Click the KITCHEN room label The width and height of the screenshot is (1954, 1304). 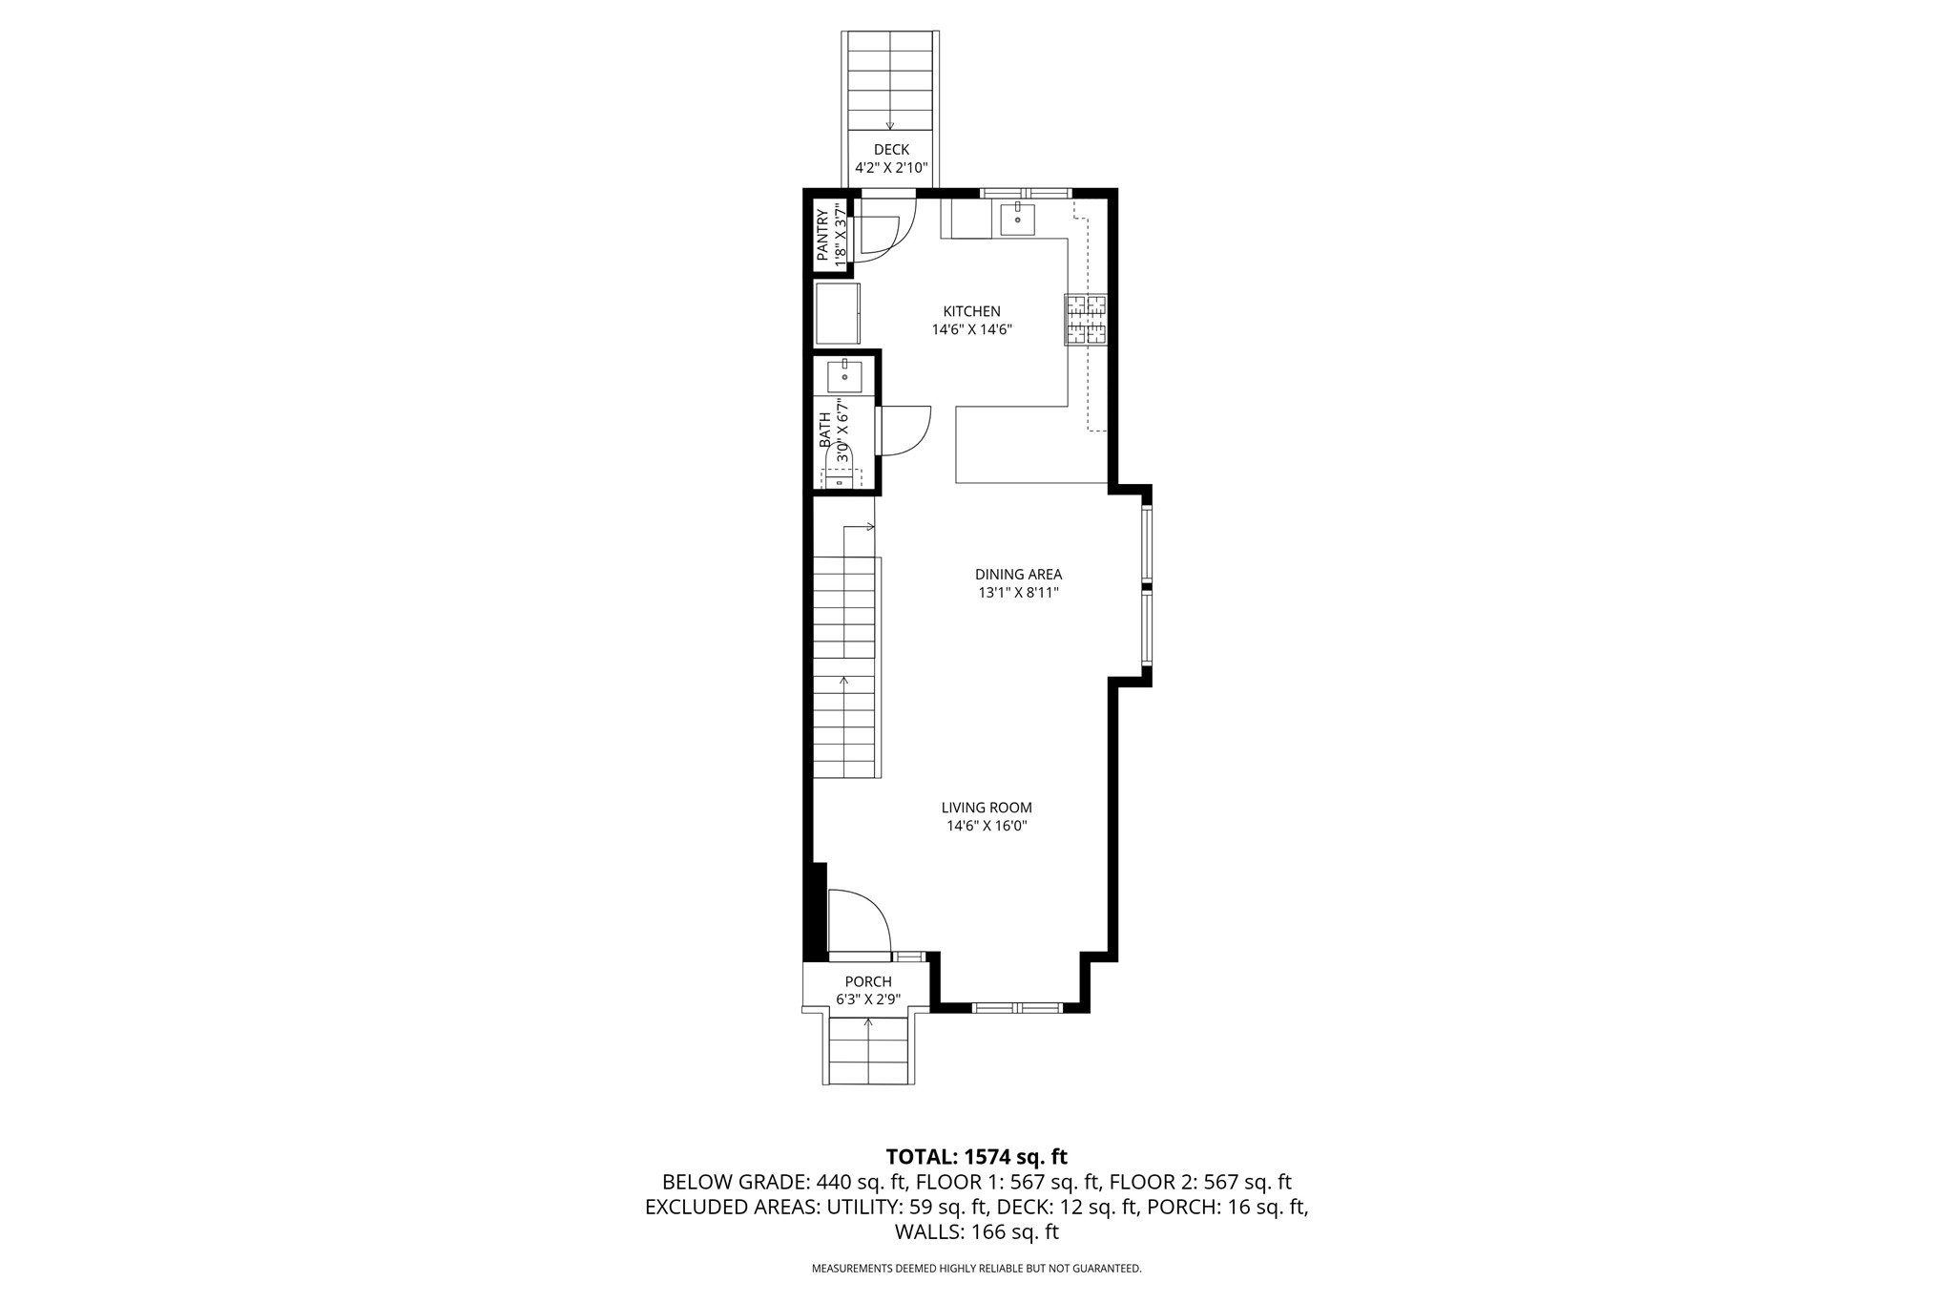coord(971,311)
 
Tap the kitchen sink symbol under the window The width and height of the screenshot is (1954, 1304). coord(1018,220)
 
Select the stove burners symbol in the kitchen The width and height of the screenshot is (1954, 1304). coord(1087,320)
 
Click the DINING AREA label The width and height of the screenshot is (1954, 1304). coord(1018,575)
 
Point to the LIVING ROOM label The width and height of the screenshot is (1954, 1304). coord(987,808)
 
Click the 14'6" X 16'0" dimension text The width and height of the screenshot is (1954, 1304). coord(987,827)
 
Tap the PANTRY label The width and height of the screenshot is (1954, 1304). coord(822,235)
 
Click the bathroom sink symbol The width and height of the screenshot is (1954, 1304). coord(844,377)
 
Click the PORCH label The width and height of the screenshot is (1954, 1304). coord(868,981)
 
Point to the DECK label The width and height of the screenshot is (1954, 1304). coord(891,150)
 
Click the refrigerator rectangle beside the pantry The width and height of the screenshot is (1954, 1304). coord(837,314)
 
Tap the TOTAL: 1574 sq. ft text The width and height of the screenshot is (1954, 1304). coord(976,1157)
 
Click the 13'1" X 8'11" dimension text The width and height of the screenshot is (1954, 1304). coord(1018,593)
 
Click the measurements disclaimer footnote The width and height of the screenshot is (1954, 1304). coord(976,1269)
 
